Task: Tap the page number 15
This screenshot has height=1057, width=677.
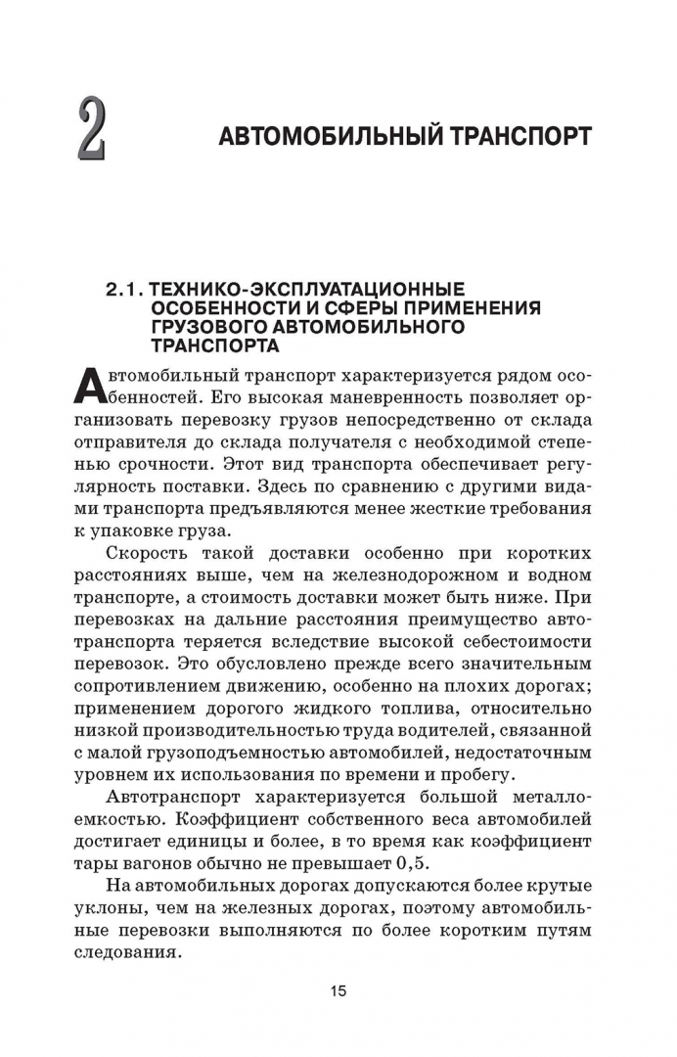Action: pyautogui.click(x=338, y=990)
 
